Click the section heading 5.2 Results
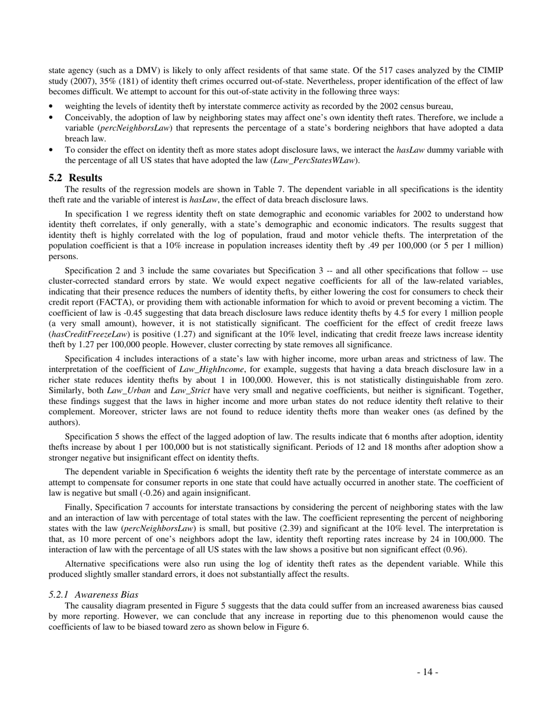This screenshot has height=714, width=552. point(75,178)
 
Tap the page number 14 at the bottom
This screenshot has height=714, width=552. point(427,672)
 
